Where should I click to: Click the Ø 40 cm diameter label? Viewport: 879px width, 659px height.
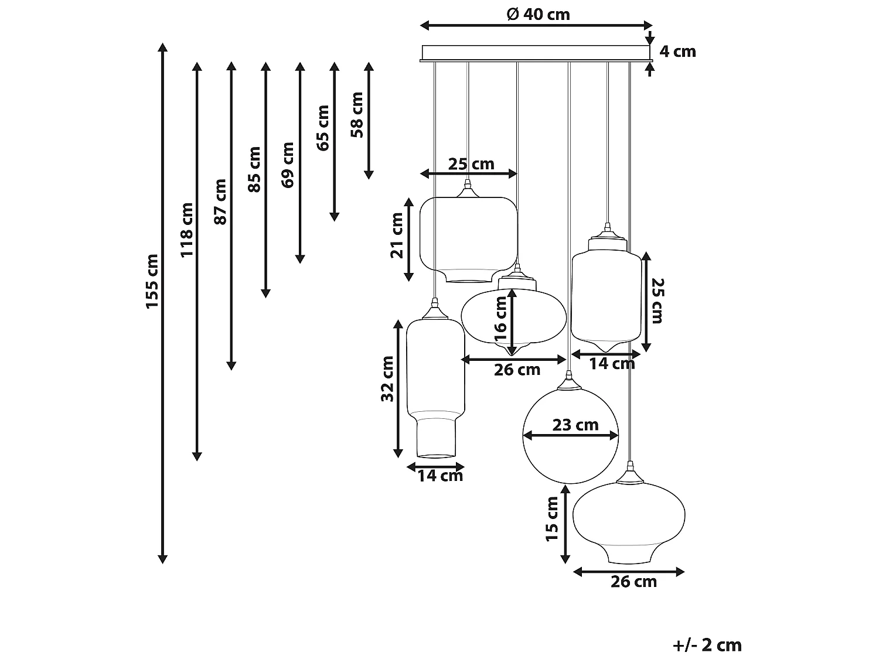coord(538,14)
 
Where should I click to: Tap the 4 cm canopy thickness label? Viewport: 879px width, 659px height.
coord(677,52)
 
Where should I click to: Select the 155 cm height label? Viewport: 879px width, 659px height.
coord(152,281)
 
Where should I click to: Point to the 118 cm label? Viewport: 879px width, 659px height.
coord(186,230)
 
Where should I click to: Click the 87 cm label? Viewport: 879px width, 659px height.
coord(220,202)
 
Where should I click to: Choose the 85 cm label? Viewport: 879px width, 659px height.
coord(254,169)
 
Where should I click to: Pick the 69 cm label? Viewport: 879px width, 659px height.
coord(288,165)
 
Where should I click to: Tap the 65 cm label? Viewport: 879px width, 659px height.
coord(323,128)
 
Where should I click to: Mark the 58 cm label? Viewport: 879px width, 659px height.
coord(357,115)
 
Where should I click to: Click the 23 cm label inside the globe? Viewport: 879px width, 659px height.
coord(575,425)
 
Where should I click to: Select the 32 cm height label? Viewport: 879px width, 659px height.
coord(387,378)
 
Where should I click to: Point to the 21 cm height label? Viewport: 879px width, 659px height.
coord(398,235)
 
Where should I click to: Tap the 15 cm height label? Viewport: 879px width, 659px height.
coord(552,519)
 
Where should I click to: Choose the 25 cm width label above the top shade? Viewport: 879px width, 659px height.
coord(471,164)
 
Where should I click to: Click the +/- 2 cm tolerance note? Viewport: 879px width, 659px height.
coord(707,645)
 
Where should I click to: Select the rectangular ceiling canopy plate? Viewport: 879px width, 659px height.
coord(536,53)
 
